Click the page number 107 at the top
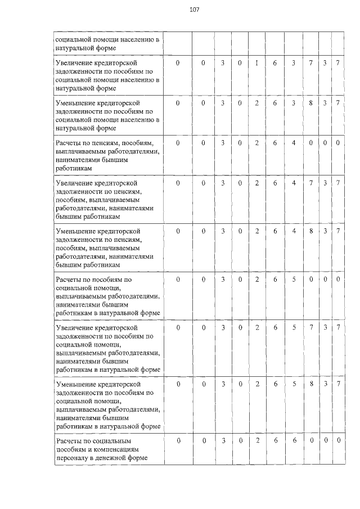click(194, 10)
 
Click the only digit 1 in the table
click(256, 64)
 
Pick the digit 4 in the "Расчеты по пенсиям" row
click(294, 143)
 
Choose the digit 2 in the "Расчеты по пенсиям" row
click(256, 143)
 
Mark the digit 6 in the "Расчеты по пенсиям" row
click(275, 143)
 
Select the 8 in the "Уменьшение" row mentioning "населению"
click(310, 103)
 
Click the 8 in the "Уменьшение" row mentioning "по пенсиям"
click(310, 231)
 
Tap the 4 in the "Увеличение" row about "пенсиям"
click(294, 183)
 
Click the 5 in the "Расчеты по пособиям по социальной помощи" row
click(294, 279)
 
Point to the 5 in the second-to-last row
click(294, 383)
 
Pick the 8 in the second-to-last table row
click(310, 383)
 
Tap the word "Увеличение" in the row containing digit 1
click(76, 64)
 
